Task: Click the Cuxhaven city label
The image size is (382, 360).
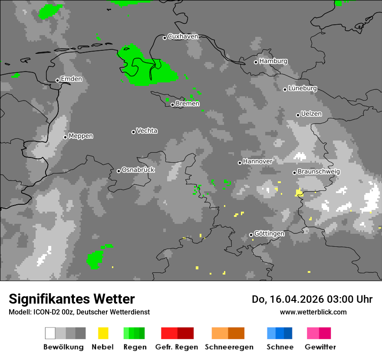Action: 183,36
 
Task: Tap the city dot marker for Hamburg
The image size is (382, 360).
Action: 256,62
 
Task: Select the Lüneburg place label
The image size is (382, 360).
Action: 303,88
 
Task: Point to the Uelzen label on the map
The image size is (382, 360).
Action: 311,114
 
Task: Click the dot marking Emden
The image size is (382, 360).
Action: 57,80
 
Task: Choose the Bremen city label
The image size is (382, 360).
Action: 188,104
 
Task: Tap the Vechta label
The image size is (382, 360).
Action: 147,131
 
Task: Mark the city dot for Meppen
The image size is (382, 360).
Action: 65,137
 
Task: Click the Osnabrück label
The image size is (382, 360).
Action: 138,170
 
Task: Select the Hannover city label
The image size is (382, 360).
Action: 257,161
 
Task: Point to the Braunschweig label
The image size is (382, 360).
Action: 319,172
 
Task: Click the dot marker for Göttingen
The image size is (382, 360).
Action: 251,235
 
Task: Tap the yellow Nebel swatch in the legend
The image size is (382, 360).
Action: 103,333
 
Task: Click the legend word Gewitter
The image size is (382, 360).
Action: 320,347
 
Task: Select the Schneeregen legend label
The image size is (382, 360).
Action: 229,347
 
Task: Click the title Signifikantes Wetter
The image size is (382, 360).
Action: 72,299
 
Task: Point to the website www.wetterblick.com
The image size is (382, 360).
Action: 313,312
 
